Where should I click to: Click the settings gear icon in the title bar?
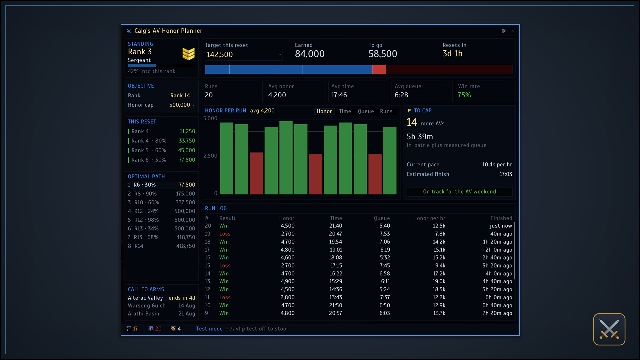(x=504, y=31)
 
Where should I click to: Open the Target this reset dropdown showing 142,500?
(x=243, y=55)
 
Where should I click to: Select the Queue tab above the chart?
(x=366, y=111)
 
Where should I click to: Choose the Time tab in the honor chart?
(x=345, y=111)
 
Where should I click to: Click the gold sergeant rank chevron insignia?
(x=188, y=54)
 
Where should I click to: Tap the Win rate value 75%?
(x=464, y=95)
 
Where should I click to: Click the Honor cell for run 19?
(x=288, y=234)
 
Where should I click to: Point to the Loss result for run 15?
(x=225, y=266)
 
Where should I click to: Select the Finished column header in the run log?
(x=501, y=218)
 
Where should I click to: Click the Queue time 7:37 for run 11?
(x=385, y=297)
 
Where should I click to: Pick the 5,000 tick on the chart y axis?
(x=210, y=118)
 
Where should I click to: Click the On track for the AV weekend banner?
(x=459, y=192)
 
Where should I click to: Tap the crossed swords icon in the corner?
(x=609, y=329)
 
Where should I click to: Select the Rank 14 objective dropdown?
(x=182, y=95)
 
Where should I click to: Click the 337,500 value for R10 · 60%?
(x=185, y=202)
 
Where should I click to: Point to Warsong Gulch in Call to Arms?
(x=147, y=306)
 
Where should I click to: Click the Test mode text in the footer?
(x=209, y=329)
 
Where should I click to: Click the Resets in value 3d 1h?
(x=452, y=54)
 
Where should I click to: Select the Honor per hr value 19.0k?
(x=439, y=281)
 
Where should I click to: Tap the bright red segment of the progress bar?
(x=379, y=69)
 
